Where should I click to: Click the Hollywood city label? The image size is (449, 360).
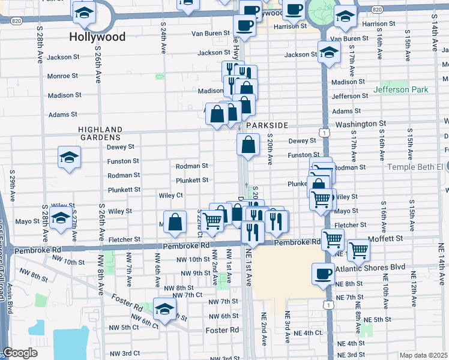(97, 37)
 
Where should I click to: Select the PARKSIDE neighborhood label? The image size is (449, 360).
(267, 125)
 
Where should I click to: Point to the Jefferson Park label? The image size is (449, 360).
(401, 89)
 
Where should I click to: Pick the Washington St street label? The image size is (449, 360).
(360, 124)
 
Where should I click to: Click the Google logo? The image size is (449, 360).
(20, 353)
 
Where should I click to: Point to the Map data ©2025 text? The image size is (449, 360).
(424, 355)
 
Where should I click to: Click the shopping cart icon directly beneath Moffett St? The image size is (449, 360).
(358, 250)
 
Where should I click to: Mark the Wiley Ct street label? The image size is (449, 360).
(170, 195)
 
